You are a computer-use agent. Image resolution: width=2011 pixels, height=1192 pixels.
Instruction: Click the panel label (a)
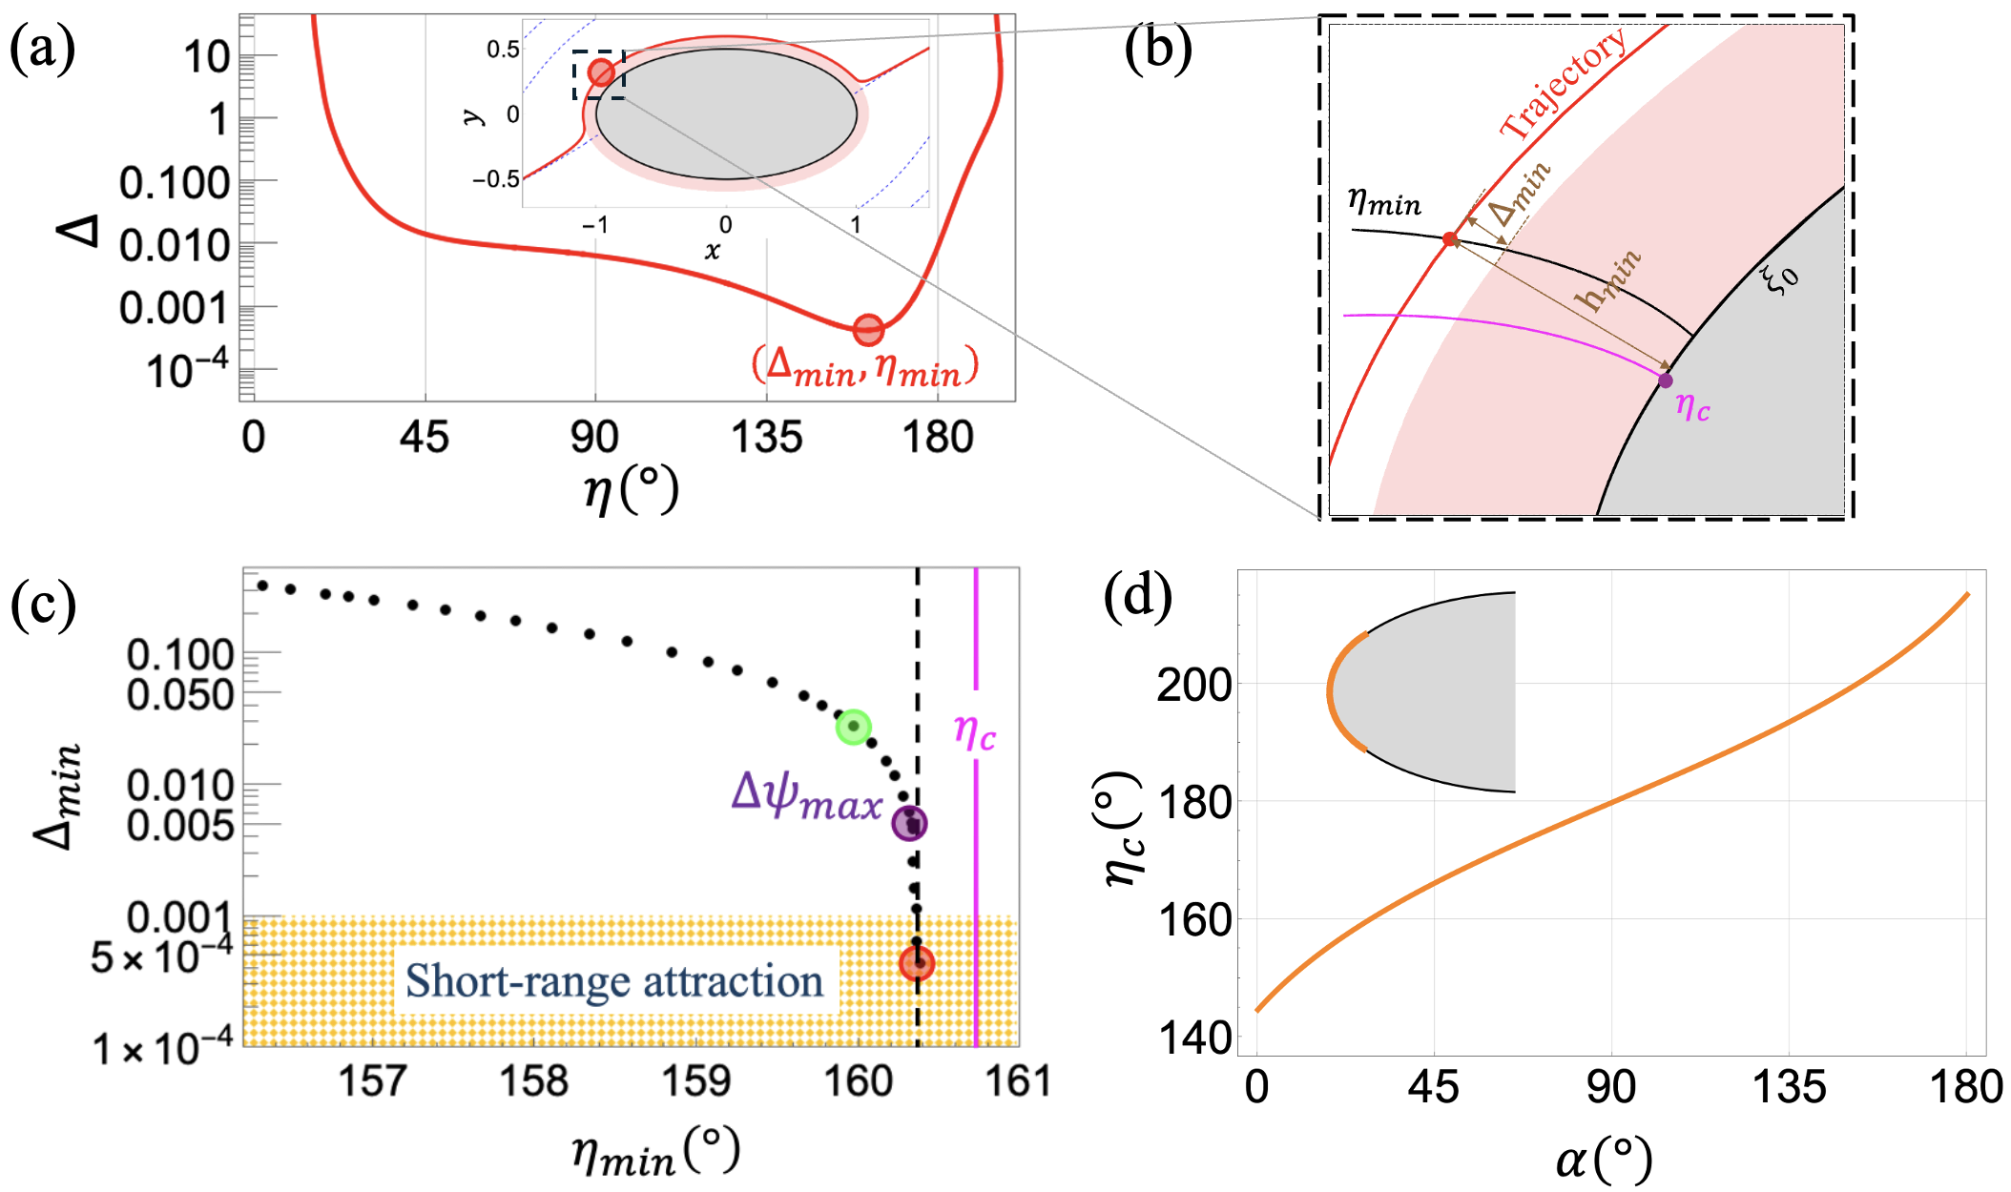click(x=42, y=50)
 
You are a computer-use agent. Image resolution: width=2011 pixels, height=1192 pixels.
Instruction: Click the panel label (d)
click(x=1137, y=598)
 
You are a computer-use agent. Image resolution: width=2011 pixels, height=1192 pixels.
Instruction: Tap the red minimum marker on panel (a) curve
click(x=867, y=330)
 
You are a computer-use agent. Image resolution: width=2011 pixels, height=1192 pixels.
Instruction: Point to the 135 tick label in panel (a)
click(x=766, y=438)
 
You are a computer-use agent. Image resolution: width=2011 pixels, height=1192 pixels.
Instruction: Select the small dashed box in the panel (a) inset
click(x=599, y=74)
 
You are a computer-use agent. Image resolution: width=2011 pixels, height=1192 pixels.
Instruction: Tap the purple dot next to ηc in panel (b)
click(x=1665, y=380)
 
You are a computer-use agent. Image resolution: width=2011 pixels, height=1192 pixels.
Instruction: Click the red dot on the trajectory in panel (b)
click(x=1450, y=239)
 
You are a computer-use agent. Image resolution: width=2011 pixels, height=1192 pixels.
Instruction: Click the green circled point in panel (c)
click(x=854, y=727)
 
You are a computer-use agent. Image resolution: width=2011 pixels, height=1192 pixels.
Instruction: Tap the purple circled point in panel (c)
click(x=910, y=823)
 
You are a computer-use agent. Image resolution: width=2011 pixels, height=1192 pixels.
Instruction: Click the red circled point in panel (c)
click(x=917, y=963)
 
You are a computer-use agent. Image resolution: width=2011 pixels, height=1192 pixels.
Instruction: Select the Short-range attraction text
click(x=614, y=981)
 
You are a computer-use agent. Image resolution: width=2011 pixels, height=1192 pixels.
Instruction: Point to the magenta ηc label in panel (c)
click(x=975, y=733)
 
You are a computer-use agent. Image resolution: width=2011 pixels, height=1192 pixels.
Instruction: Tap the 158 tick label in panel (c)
click(x=534, y=1081)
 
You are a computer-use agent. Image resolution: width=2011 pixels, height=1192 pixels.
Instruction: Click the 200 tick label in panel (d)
click(x=1193, y=685)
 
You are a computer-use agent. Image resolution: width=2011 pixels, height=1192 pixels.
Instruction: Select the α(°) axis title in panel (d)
click(x=1604, y=1160)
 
